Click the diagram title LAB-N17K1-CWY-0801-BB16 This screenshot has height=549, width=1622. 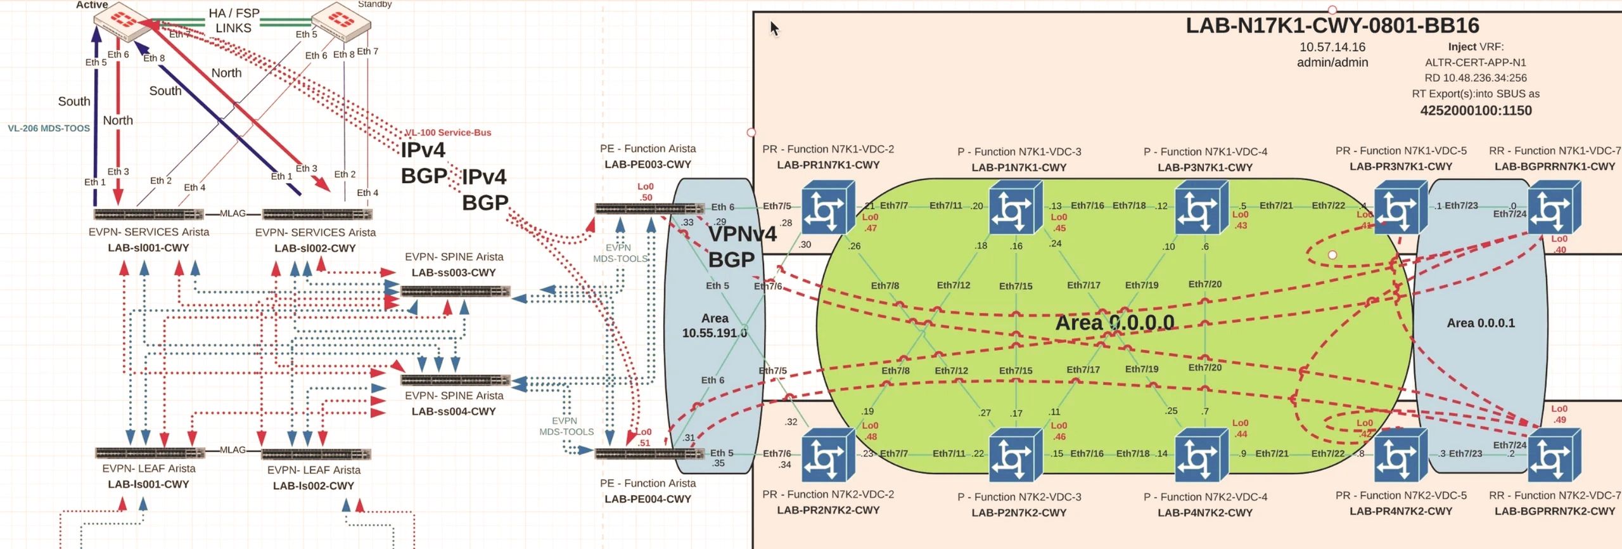pyautogui.click(x=1332, y=26)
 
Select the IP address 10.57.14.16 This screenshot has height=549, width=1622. pyautogui.click(x=1332, y=47)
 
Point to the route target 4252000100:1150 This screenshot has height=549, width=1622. pyautogui.click(x=1476, y=110)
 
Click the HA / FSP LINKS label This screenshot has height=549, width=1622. pyautogui.click(x=234, y=20)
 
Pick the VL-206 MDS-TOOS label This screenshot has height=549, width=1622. pyautogui.click(x=49, y=128)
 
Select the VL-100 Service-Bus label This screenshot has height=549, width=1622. pyautogui.click(x=448, y=132)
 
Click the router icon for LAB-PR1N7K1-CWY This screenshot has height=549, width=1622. pyautogui.click(x=828, y=207)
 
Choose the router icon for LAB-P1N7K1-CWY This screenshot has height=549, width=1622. pyautogui.click(x=1016, y=207)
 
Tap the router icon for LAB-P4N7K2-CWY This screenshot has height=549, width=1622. pyautogui.click(x=1201, y=455)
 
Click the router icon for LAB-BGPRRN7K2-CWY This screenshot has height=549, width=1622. pyautogui.click(x=1554, y=455)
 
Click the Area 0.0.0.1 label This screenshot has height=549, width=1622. pyautogui.click(x=1481, y=323)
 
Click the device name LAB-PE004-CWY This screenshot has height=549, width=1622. pyautogui.click(x=648, y=499)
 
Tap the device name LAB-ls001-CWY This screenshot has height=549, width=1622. pyautogui.click(x=148, y=484)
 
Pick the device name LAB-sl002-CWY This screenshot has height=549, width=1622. pyautogui.click(x=315, y=248)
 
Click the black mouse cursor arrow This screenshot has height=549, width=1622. pyautogui.click(x=774, y=29)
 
